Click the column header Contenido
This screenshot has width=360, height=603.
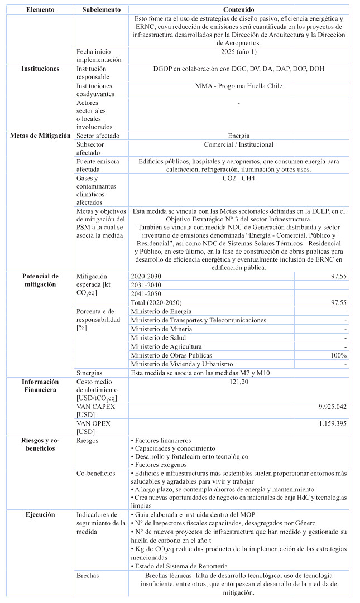click(x=238, y=10)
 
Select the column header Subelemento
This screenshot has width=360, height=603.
click(x=101, y=10)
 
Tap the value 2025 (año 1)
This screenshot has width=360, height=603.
click(x=238, y=52)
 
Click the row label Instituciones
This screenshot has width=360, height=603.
click(x=40, y=69)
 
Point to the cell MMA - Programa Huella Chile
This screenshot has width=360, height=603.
click(x=238, y=86)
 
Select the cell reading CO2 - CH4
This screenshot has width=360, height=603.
click(x=238, y=179)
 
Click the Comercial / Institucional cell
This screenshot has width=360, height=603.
click(x=238, y=144)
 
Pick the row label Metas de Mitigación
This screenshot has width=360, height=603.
click(x=40, y=136)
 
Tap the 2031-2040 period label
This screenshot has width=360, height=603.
click(x=146, y=285)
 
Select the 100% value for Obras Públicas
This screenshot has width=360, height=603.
click(x=338, y=355)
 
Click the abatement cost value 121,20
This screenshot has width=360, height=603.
click(x=238, y=382)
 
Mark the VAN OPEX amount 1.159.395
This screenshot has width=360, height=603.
click(x=332, y=424)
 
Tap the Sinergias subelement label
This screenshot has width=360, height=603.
click(x=91, y=373)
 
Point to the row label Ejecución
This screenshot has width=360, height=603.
click(x=40, y=514)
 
